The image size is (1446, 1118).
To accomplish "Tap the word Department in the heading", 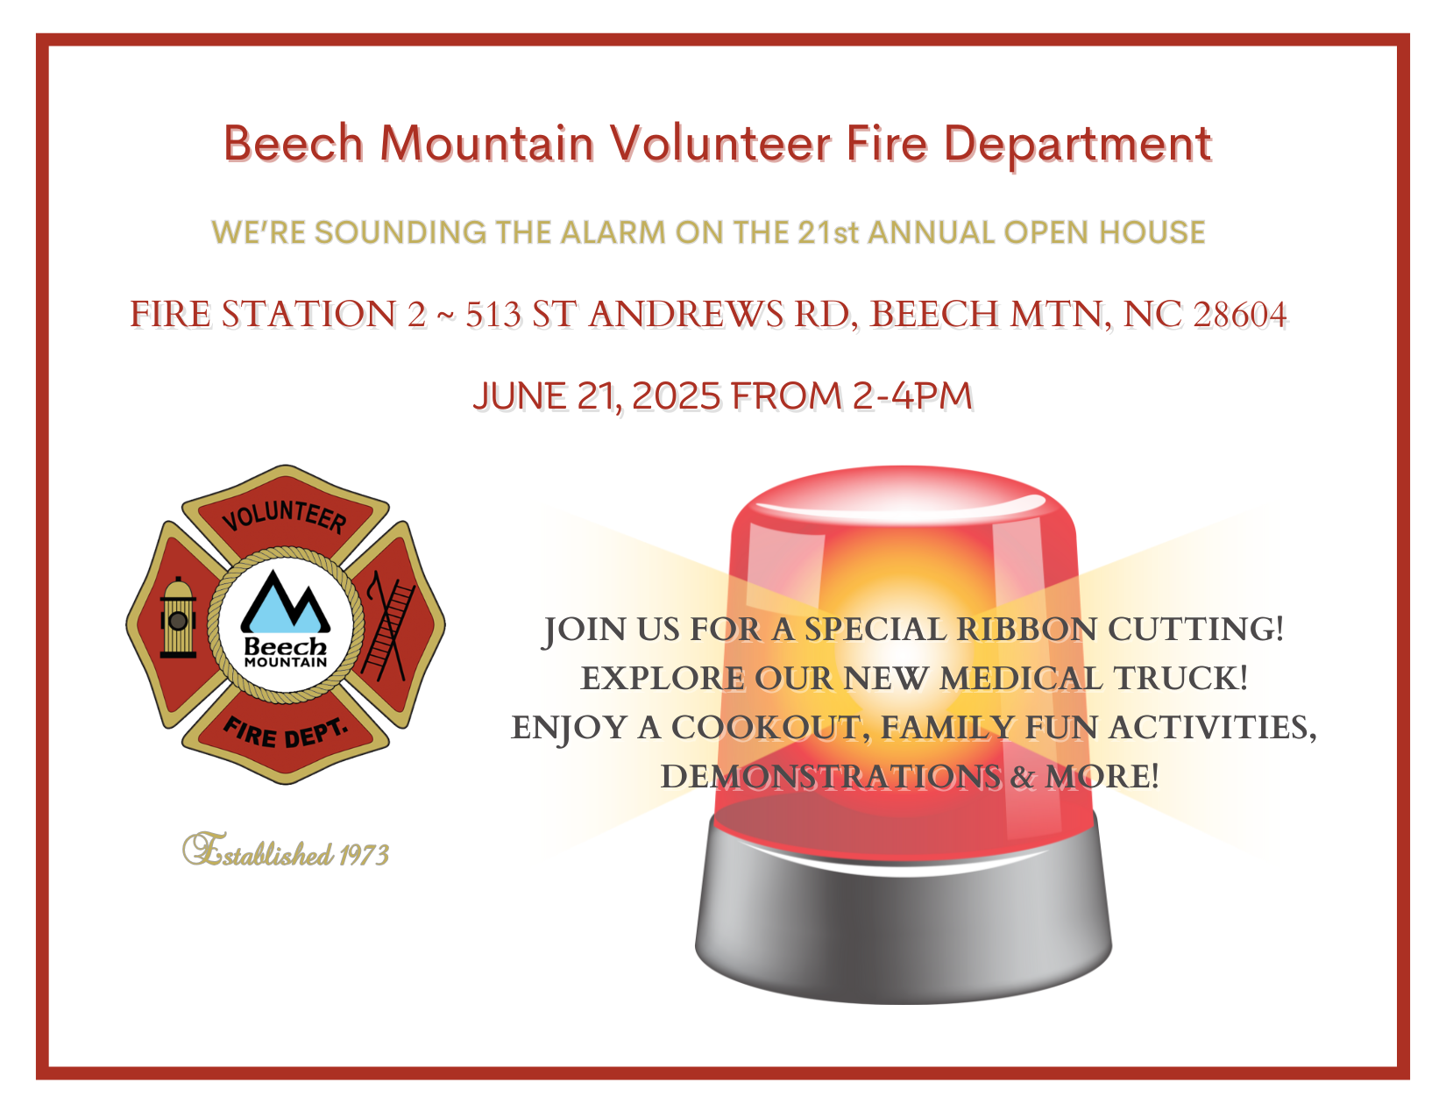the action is click(x=1077, y=146).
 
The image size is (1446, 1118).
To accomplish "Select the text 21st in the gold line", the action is click(x=828, y=232).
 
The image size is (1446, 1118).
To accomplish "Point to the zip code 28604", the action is click(x=1240, y=314).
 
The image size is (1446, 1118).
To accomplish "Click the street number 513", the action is click(x=493, y=314).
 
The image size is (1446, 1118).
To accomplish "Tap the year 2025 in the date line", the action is click(x=676, y=396).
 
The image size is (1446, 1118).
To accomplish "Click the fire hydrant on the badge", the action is click(x=178, y=617).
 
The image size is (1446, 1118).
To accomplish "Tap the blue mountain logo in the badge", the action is click(x=286, y=602).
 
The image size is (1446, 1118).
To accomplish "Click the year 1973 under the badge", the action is click(x=364, y=855).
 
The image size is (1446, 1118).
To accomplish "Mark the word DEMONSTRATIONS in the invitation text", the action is click(x=831, y=776).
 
